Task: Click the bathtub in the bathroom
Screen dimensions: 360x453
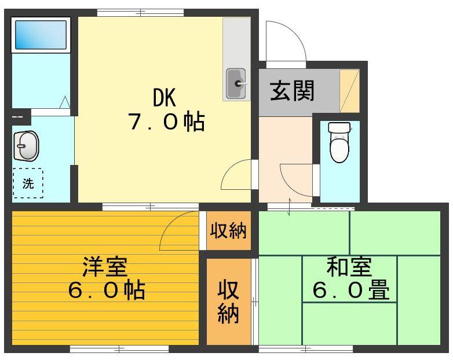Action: tap(40, 35)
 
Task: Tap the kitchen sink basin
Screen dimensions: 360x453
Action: tap(236, 85)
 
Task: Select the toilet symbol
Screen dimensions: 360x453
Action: tap(339, 142)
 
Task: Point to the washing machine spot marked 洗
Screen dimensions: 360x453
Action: tap(28, 183)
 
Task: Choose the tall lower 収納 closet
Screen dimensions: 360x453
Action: tap(228, 302)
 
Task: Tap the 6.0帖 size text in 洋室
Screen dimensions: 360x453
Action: tap(106, 290)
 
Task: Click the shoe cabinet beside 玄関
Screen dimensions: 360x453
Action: tap(349, 90)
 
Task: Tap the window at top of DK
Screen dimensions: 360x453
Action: tap(140, 12)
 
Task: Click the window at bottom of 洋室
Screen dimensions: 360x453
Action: tap(119, 348)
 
